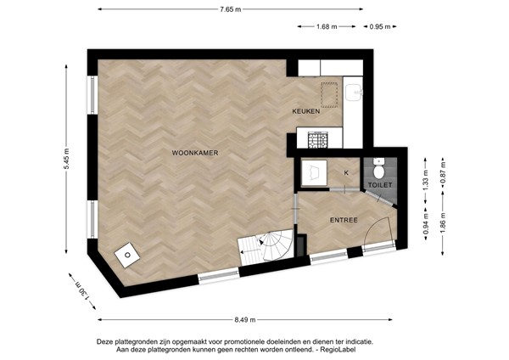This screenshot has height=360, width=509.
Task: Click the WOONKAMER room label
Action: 195,153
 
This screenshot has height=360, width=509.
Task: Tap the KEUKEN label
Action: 305,111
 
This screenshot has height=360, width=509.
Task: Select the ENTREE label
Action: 344,220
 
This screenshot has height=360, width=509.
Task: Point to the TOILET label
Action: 380,185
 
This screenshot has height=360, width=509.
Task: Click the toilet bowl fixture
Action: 378,169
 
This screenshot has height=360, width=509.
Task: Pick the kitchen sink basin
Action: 354,93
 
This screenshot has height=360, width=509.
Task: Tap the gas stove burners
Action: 317,140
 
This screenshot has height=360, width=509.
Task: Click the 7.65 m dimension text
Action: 231,9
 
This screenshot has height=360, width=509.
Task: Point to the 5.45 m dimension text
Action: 66,159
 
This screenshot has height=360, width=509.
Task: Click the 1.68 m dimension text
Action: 327,26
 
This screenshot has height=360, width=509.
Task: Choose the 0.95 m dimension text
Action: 380,26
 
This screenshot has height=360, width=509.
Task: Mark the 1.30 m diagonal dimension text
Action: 82,291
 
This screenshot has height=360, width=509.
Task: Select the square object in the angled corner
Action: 127,255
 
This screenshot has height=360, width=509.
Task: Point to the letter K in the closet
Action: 346,173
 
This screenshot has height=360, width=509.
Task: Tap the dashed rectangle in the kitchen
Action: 329,95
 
